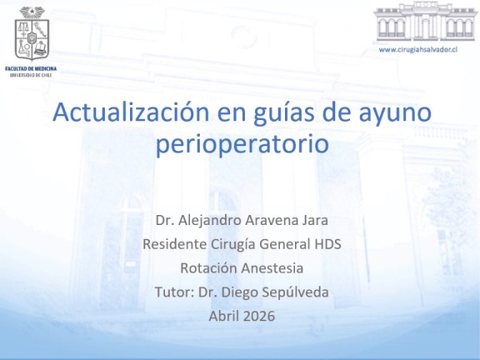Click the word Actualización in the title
131,112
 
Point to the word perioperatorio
242,145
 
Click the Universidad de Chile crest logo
32,33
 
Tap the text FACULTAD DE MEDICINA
31,68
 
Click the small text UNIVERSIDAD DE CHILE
31,75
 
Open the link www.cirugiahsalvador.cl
417,50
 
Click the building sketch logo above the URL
426,22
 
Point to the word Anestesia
272,268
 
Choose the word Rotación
208,268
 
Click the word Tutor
173,292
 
